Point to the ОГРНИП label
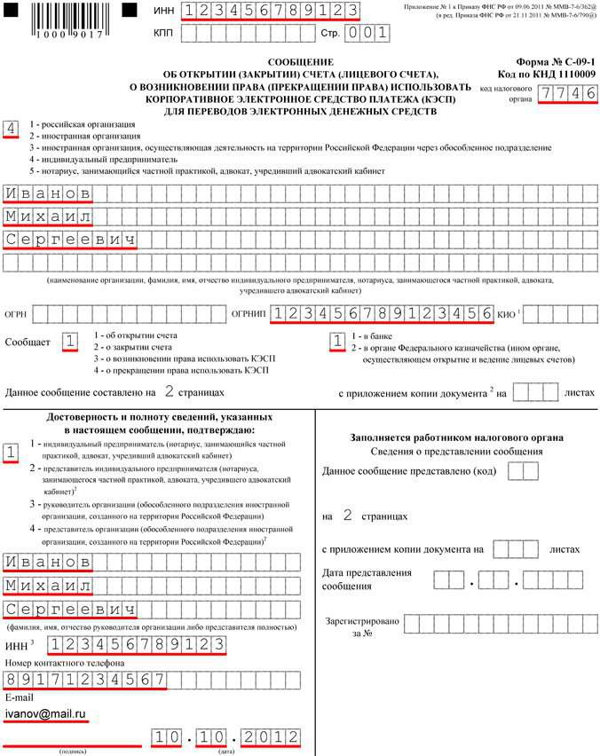pyautogui.click(x=249, y=313)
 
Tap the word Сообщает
pyautogui.click(x=28, y=342)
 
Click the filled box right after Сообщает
pyautogui.click(x=70, y=342)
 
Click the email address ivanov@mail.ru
pyautogui.click(x=45, y=712)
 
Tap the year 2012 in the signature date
pyautogui.click(x=269, y=737)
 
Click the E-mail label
pyautogui.click(x=20, y=697)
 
